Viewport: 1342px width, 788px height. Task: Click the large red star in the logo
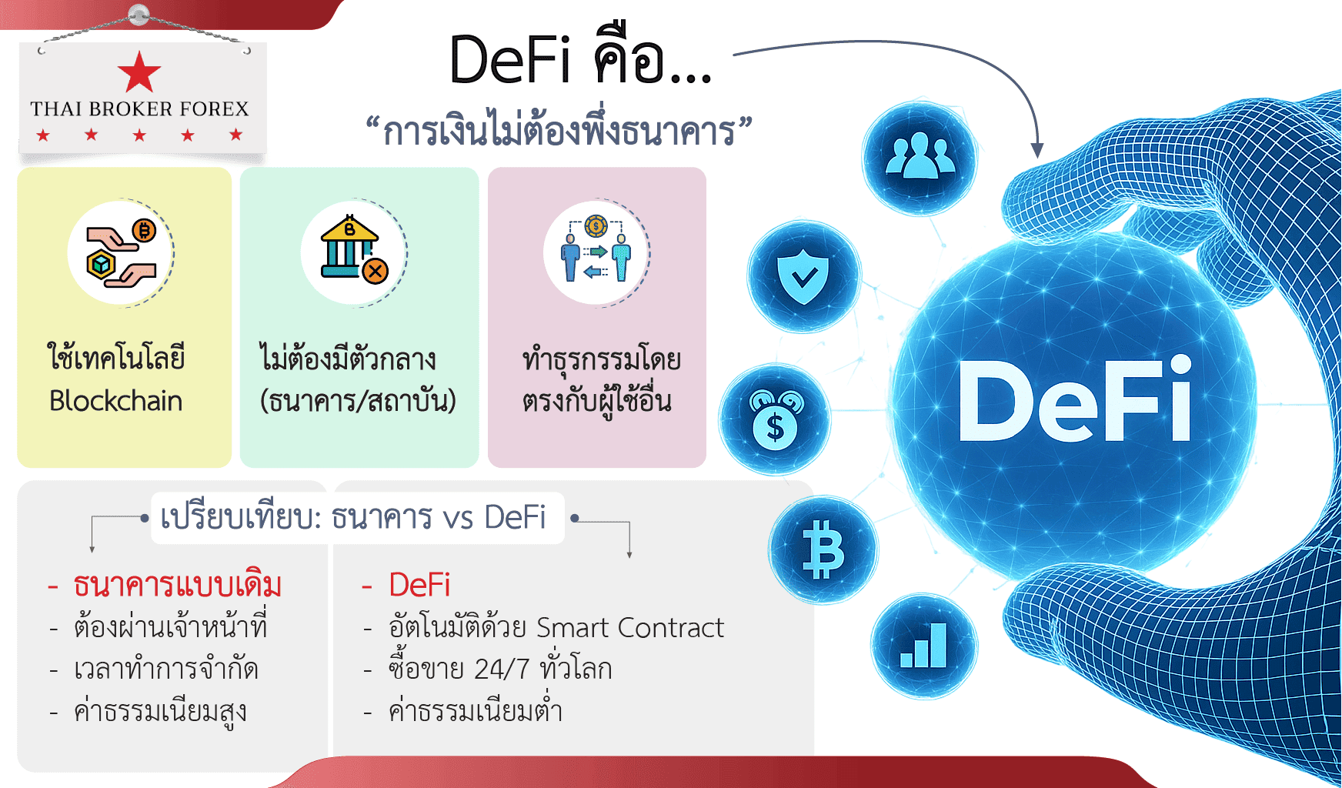pyautogui.click(x=139, y=72)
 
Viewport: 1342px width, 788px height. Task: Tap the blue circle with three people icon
pyautogui.click(x=920, y=158)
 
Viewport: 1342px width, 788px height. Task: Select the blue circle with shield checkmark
pyautogui.click(x=803, y=276)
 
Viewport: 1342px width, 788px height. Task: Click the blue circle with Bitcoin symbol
pyautogui.click(x=823, y=549)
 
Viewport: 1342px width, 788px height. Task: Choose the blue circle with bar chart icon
pyautogui.click(x=924, y=646)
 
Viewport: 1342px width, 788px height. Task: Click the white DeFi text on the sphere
pyautogui.click(x=1075, y=400)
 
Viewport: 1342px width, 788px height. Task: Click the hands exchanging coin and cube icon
pyautogui.click(x=121, y=252)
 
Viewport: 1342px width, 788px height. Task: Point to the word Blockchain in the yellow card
pyautogui.click(x=116, y=401)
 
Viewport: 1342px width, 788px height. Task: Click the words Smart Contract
pyautogui.click(x=630, y=628)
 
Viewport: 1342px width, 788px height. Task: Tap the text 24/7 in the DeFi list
pyautogui.click(x=502, y=669)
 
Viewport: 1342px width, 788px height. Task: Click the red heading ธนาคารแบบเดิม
pyautogui.click(x=178, y=586)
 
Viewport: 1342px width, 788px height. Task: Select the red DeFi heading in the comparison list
pyautogui.click(x=419, y=586)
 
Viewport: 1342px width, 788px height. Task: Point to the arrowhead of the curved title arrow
pyautogui.click(x=1037, y=150)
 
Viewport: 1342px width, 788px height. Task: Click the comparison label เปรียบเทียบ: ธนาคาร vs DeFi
pyautogui.click(x=353, y=518)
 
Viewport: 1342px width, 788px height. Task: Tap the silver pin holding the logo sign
pyautogui.click(x=139, y=14)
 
